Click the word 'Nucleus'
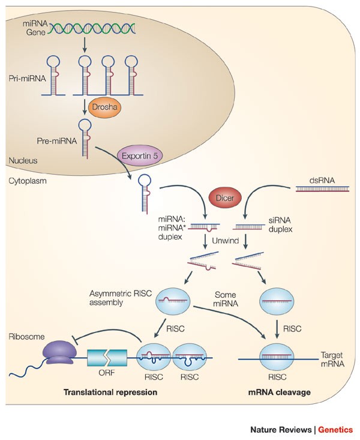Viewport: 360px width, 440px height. pyautogui.click(x=25, y=160)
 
